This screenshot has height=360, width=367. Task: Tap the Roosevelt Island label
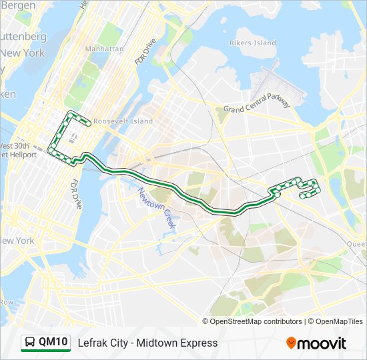coord(123,121)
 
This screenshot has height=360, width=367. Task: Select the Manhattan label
coord(105,49)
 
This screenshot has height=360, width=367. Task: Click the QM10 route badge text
coord(53,342)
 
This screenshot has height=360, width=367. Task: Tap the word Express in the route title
coord(196,343)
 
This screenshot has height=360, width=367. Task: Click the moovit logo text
coord(322,343)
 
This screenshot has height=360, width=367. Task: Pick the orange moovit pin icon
coord(291,343)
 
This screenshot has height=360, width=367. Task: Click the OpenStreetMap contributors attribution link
coord(256,321)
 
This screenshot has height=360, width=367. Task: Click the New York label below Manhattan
coord(17,241)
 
